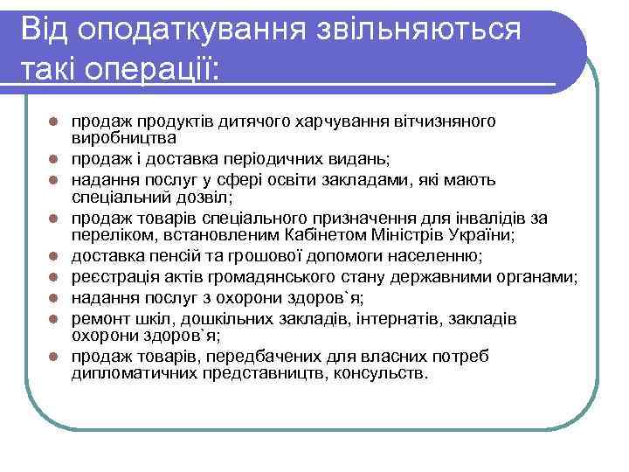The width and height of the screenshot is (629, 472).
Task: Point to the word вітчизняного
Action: coord(443,120)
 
